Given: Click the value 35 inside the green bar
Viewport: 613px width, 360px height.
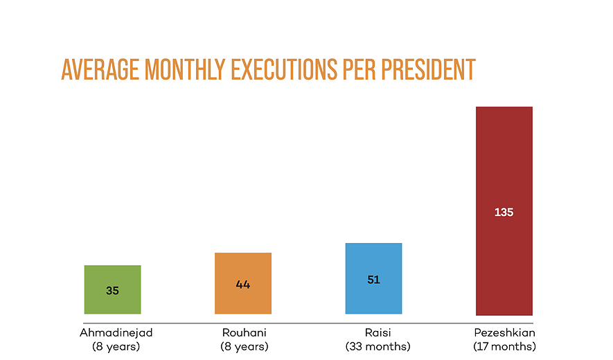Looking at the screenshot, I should (x=112, y=291).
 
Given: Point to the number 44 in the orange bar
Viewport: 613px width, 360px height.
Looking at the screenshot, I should (x=242, y=285).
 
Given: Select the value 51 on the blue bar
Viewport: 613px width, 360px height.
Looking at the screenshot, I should (x=373, y=280).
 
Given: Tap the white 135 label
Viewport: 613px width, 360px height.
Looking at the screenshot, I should (x=504, y=213).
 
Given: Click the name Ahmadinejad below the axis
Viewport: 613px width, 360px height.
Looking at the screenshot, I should (x=116, y=332).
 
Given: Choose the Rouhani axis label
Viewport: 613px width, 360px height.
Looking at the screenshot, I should (x=244, y=332).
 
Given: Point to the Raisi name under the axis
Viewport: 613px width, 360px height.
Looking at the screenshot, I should (x=377, y=332).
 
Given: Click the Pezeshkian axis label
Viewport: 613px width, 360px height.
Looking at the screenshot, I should (x=504, y=332).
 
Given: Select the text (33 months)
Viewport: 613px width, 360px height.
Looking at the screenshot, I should (x=377, y=345).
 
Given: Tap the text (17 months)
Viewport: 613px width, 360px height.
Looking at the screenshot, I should (x=504, y=345).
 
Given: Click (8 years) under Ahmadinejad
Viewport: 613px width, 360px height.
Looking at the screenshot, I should (x=116, y=345).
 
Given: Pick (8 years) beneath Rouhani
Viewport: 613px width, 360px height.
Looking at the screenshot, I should (x=244, y=345).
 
